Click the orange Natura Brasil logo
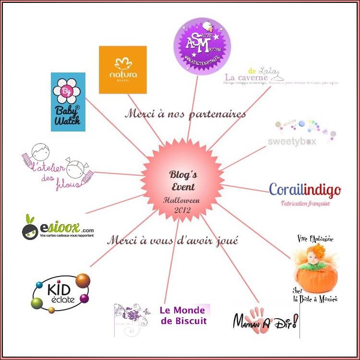coord(122,70)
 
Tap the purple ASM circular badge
coord(202,46)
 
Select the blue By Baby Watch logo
coord(68,102)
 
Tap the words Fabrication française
coord(305,203)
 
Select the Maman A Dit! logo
coord(266,320)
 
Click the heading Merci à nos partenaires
coord(185,114)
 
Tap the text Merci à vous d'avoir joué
coord(172,240)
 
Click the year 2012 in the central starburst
coord(182,210)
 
